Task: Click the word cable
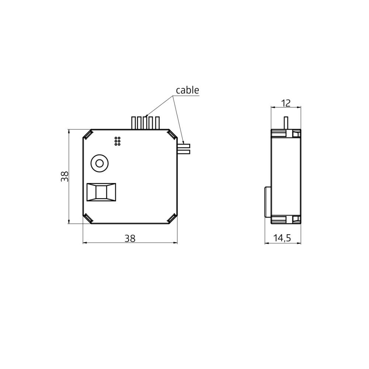(187, 90)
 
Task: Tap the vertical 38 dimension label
(65, 176)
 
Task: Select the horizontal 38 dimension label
(130, 238)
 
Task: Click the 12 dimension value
(286, 103)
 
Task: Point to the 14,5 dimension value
(282, 238)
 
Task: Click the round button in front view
(99, 163)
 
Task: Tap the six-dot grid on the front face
(117, 141)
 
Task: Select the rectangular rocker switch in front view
(101, 192)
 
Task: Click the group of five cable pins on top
(146, 123)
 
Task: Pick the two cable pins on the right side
(183, 148)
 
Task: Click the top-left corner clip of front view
(87, 134)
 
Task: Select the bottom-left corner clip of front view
(87, 218)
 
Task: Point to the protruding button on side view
(268, 202)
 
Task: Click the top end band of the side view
(286, 133)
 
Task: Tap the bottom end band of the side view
(286, 220)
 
